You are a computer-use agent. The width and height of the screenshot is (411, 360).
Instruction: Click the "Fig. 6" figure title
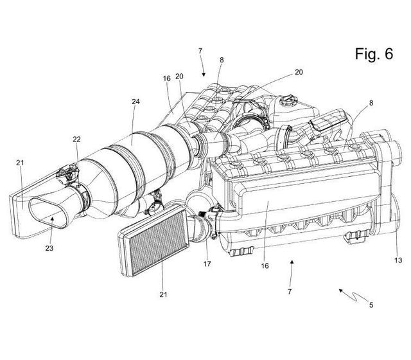pyautogui.click(x=374, y=54)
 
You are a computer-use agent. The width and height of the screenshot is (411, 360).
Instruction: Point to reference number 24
pyautogui.click(x=136, y=102)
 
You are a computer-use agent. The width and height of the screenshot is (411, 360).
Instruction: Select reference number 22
pyautogui.click(x=76, y=139)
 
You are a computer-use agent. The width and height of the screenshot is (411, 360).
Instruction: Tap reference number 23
pyautogui.click(x=49, y=248)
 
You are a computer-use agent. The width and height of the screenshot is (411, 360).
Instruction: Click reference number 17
pyautogui.click(x=207, y=264)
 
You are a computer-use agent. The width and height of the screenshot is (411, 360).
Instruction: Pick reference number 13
pyautogui.click(x=398, y=260)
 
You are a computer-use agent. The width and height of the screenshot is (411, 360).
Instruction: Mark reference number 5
pyautogui.click(x=371, y=305)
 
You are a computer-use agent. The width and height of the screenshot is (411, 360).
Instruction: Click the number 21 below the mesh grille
pyautogui.click(x=163, y=294)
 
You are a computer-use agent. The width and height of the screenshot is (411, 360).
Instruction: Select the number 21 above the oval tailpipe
pyautogui.click(x=20, y=163)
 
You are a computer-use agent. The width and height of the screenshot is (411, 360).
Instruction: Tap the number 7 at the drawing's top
pyautogui.click(x=200, y=51)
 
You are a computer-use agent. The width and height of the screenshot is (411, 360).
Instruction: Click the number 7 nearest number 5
pyautogui.click(x=290, y=291)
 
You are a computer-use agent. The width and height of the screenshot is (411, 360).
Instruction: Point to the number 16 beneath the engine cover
pyautogui.click(x=265, y=265)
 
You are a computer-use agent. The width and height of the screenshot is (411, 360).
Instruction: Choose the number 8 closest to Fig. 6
pyautogui.click(x=371, y=103)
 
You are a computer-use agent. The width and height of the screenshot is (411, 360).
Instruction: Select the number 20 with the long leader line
pyautogui.click(x=299, y=72)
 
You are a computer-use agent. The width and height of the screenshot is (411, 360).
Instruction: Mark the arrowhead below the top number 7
pyautogui.click(x=204, y=75)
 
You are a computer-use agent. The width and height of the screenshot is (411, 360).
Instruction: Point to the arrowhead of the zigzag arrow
pyautogui.click(x=341, y=291)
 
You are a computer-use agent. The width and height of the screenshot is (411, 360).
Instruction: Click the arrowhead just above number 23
pyautogui.click(x=53, y=219)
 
